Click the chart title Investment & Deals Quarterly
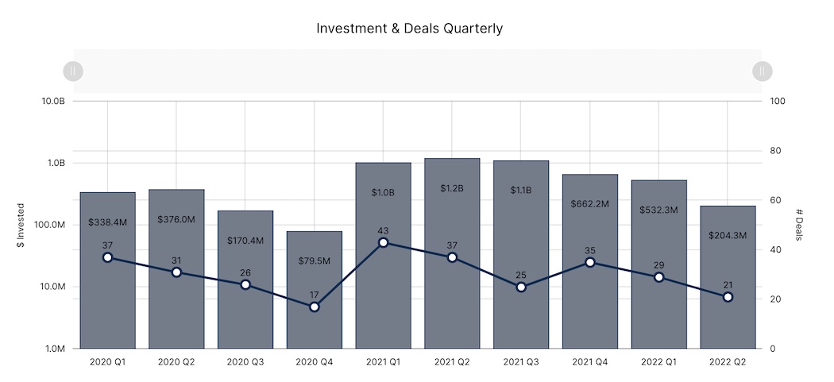[x=409, y=29]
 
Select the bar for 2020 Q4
[x=315, y=326]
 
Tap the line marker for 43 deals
[x=383, y=242]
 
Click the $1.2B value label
[x=452, y=188]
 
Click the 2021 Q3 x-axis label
[x=521, y=361]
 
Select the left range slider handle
[x=72, y=71]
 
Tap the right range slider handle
[x=762, y=71]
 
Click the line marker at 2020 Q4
[x=315, y=307]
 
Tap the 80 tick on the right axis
[x=775, y=151]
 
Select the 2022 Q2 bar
[x=728, y=326]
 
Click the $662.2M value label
[x=589, y=204]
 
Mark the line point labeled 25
[x=521, y=287]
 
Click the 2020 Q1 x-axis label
[x=107, y=361]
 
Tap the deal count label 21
[x=728, y=284]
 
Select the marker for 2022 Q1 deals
[x=658, y=277]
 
